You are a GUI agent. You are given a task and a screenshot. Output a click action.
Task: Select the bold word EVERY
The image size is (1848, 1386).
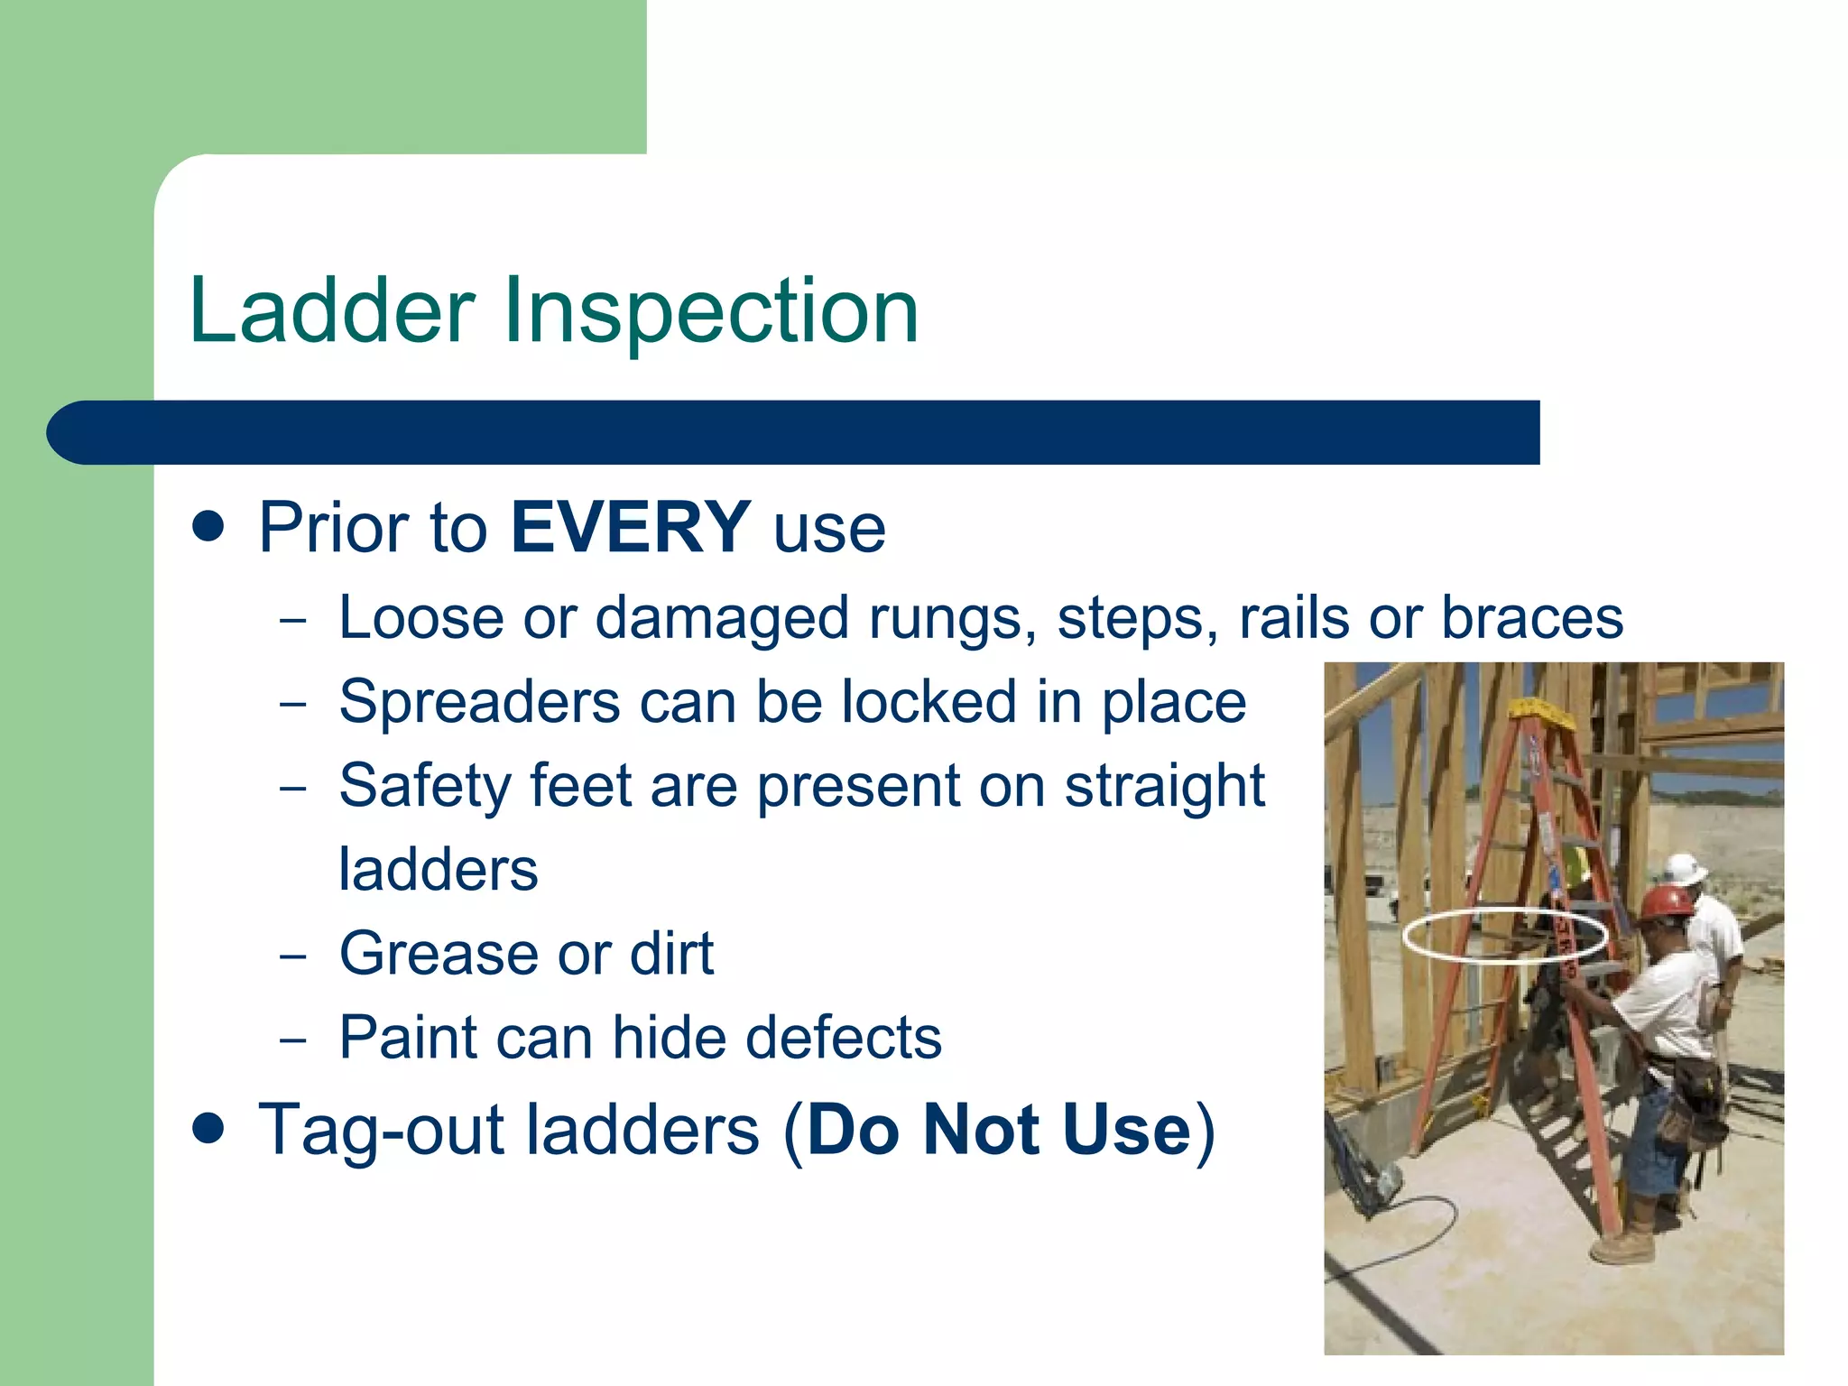tap(630, 528)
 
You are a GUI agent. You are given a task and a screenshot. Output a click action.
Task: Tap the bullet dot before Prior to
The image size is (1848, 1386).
tap(208, 526)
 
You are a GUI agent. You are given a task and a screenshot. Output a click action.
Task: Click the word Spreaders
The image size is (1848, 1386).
tap(479, 702)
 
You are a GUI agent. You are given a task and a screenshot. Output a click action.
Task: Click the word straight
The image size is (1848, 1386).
tap(1164, 787)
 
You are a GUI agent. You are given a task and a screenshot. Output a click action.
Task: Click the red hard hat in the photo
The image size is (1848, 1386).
tap(1666, 901)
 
